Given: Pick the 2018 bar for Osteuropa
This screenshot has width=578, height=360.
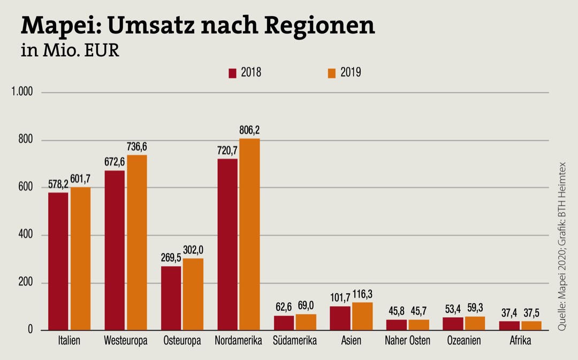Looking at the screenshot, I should (x=171, y=298).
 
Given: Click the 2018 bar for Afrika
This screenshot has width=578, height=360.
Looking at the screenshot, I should (x=509, y=325).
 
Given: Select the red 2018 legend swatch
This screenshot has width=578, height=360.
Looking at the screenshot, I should (x=232, y=73).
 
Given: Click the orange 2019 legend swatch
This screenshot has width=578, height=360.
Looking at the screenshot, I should (x=332, y=73).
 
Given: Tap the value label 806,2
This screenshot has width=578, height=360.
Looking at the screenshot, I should (x=249, y=130).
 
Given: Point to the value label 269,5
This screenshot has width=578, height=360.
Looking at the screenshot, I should (x=171, y=257).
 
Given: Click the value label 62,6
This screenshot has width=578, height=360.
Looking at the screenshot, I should (x=284, y=307).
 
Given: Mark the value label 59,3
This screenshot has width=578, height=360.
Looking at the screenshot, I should (x=475, y=308).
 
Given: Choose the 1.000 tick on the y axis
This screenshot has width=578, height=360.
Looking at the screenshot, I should (x=22, y=93).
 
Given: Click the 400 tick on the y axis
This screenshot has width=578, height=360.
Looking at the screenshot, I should (x=26, y=235).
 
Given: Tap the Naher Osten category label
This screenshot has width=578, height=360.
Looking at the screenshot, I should (x=408, y=341).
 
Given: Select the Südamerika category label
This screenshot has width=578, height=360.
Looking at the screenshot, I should (x=295, y=341).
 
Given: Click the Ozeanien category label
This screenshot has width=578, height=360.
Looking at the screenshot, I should (x=464, y=341).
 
